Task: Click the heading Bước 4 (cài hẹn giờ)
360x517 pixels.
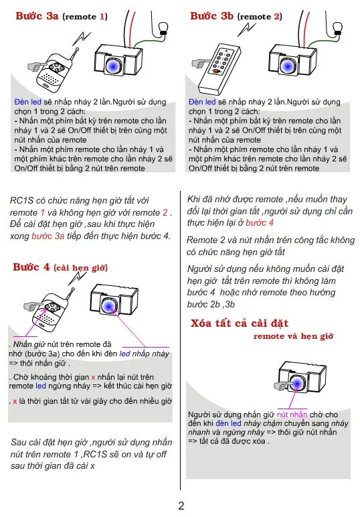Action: pyautogui.click(x=31, y=267)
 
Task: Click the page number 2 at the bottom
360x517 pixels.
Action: pyautogui.click(x=181, y=506)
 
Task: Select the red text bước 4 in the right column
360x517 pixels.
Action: pyautogui.click(x=259, y=222)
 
